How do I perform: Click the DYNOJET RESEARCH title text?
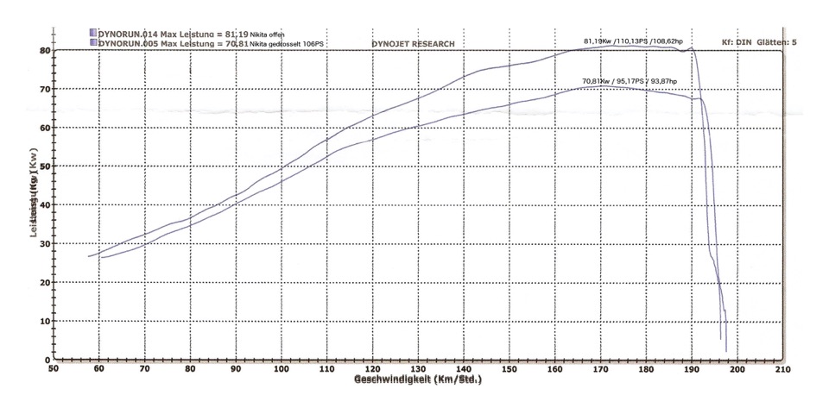click(x=413, y=43)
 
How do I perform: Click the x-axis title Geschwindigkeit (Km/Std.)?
click(x=417, y=379)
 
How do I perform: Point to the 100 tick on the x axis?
click(x=281, y=369)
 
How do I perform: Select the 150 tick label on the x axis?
click(x=509, y=369)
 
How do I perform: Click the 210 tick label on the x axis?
click(x=783, y=369)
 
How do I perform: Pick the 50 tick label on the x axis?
click(x=54, y=369)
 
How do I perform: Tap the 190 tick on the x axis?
click(x=692, y=369)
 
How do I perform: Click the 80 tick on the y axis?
click(x=44, y=50)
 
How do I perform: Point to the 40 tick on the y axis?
click(x=44, y=205)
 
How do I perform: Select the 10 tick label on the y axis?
click(x=44, y=322)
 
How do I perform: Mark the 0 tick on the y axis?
click(x=47, y=360)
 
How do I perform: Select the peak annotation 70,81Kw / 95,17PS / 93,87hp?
click(x=630, y=81)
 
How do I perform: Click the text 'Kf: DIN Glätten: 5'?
click(x=759, y=42)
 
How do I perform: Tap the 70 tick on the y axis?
click(x=44, y=89)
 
